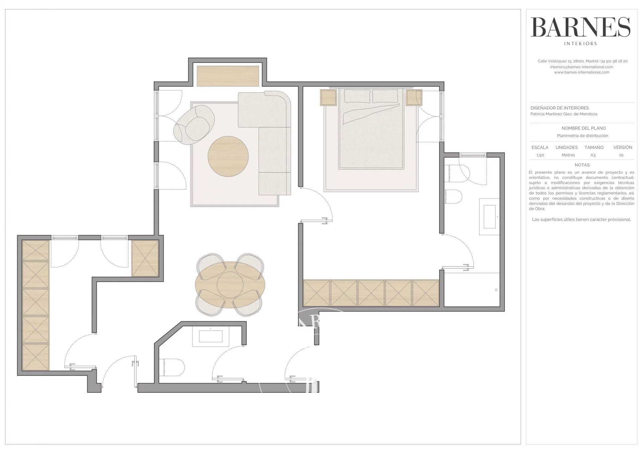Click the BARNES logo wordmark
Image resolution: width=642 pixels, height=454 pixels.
coord(580,27)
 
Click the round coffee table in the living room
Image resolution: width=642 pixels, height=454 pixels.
coord(228,156)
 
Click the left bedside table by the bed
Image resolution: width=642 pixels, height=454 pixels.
coord(328,97)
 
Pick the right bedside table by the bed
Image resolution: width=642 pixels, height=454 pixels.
coord(414,97)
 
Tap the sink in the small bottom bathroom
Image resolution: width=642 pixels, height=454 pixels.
coord(211,336)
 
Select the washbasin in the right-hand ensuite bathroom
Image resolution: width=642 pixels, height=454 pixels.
coord(490,217)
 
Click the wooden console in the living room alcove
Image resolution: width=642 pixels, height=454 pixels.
coord(228,76)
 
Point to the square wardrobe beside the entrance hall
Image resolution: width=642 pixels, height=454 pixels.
coord(145,258)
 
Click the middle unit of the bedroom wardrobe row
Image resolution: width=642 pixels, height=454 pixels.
coord(371,293)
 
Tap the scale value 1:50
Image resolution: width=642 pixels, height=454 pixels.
coord(540,155)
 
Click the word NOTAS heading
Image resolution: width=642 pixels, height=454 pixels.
coord(582,165)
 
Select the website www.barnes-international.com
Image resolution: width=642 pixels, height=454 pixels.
coord(582,72)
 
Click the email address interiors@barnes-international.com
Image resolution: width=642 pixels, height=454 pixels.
coord(582,67)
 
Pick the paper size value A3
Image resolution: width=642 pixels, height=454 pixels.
coord(593,155)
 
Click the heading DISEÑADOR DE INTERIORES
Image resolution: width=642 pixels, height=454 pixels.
coord(560,108)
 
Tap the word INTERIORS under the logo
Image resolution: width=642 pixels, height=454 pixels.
coord(580,43)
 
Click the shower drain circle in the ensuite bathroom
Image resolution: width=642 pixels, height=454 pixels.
coord(496,290)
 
